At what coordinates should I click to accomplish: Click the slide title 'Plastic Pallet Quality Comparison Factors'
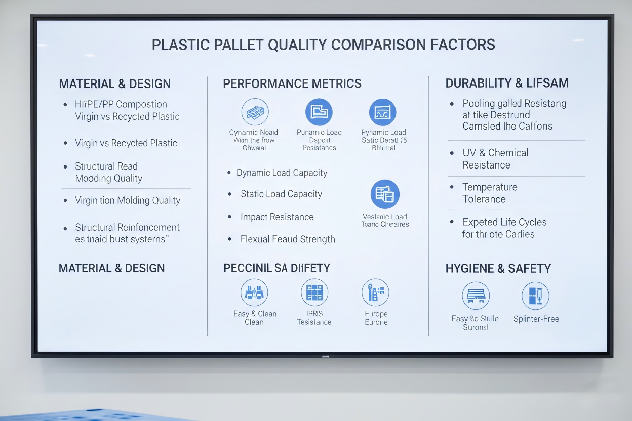pos(323,45)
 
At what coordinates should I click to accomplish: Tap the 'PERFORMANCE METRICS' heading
pos(292,83)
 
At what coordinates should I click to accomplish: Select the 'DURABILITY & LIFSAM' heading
pos(507,83)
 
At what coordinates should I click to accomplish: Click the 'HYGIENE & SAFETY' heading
pos(498,269)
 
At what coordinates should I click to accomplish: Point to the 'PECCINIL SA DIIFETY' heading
pos(276,268)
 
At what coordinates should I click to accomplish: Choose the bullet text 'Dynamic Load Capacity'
pos(282,173)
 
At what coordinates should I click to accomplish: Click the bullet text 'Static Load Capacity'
pos(281,194)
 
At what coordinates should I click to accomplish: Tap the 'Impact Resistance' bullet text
pos(277,217)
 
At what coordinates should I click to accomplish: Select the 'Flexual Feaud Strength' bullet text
pos(288,239)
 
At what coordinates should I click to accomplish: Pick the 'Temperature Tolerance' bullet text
pos(490,193)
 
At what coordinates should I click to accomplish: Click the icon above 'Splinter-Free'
pos(535,296)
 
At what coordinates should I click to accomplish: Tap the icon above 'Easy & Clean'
pos(254,292)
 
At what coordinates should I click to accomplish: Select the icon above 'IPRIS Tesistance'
pos(314,292)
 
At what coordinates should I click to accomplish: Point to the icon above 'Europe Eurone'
pos(376,292)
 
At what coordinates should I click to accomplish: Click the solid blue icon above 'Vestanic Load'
pos(385,194)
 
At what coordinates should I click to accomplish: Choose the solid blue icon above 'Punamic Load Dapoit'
pos(319,112)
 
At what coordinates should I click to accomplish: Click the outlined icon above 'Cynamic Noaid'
pos(255,112)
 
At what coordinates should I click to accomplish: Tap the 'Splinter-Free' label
pos(536,319)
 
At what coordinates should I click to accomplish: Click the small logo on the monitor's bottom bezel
pos(325,356)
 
